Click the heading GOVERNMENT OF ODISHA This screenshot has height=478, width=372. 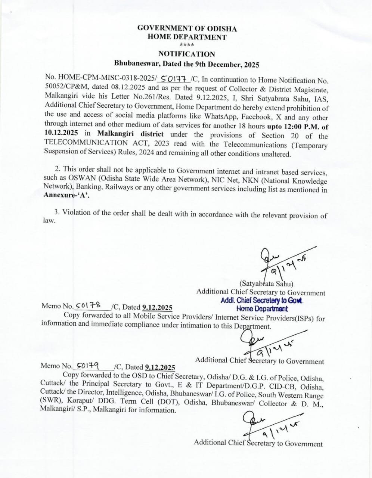point(187,28)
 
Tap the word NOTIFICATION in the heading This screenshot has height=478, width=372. point(187,54)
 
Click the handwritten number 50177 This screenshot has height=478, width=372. point(174,79)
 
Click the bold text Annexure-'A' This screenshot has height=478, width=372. point(67,195)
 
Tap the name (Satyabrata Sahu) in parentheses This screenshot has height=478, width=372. point(266,283)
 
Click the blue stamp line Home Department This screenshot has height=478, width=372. point(262,308)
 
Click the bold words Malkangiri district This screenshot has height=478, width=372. point(130,134)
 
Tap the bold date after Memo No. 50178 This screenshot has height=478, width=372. point(157,308)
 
